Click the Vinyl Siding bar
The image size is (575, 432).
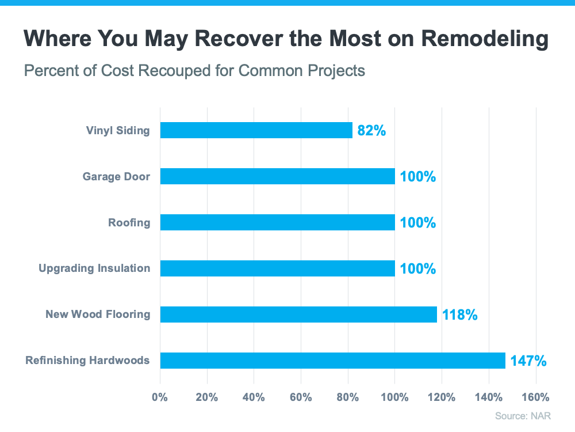click(256, 130)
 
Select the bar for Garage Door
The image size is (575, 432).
click(277, 176)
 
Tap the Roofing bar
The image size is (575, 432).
click(277, 222)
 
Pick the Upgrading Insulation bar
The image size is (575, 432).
click(277, 268)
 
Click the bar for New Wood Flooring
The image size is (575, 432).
click(298, 314)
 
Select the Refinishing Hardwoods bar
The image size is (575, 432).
click(332, 361)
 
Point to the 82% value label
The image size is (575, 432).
click(371, 131)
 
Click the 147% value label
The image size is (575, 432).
click(528, 361)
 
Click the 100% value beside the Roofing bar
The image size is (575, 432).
click(418, 223)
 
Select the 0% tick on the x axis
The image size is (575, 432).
click(159, 397)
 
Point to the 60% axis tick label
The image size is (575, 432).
click(301, 397)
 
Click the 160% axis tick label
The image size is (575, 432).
click(536, 397)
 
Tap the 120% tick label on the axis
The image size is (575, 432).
click(442, 397)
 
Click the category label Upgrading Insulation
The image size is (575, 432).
click(94, 268)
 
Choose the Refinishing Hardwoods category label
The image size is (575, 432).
click(87, 361)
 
